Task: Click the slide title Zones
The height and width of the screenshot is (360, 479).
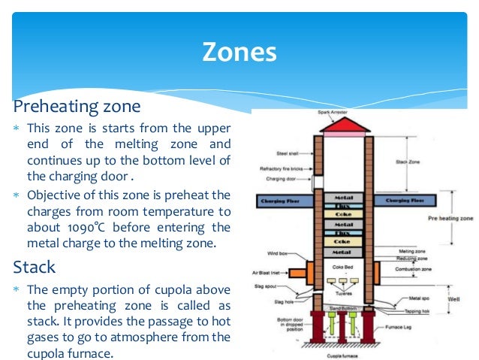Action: click(239, 52)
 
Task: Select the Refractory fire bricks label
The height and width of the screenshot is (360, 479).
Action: click(281, 169)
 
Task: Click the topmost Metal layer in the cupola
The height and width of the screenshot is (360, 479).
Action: click(342, 196)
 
